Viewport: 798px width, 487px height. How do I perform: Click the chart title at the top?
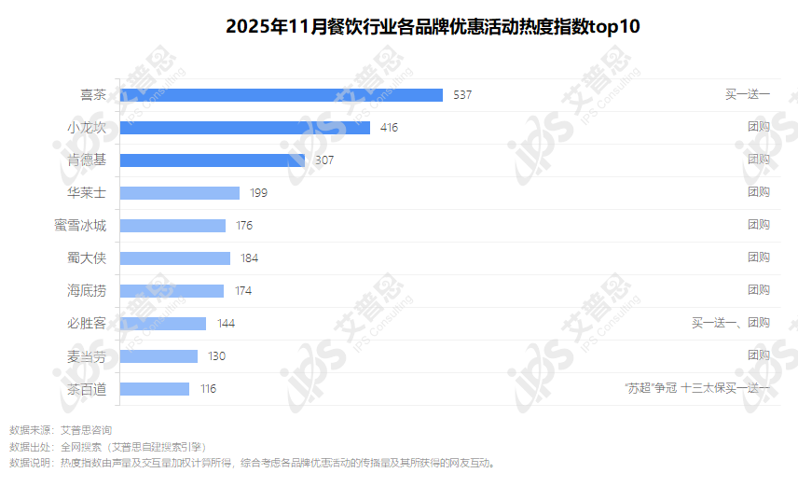point(433,26)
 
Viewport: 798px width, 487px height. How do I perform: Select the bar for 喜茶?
point(282,95)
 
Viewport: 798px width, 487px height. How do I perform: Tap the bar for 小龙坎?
point(245,128)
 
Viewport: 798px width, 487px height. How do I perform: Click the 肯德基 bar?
point(213,160)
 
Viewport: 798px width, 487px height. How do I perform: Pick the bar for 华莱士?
point(180,193)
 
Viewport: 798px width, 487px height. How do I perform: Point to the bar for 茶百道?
point(155,389)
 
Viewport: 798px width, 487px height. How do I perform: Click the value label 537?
point(463,95)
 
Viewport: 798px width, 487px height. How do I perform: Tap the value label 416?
point(389,128)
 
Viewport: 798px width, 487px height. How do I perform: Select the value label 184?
point(249,258)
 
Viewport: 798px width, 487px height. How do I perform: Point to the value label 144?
point(226,324)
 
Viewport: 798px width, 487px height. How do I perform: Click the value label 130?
point(216,356)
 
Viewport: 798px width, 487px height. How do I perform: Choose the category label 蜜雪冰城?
point(80,226)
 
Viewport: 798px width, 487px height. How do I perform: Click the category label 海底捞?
point(87,291)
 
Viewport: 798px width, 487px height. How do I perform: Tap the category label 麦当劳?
point(87,356)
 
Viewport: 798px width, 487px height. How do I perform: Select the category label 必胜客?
point(87,324)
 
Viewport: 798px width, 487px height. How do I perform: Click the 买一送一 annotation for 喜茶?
point(748,95)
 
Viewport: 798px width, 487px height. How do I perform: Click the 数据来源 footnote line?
point(61,431)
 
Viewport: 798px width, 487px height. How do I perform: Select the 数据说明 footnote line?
point(252,463)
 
